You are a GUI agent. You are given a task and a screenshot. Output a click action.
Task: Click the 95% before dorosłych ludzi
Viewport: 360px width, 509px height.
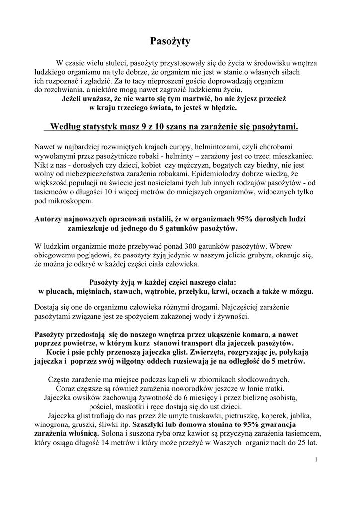coord(240,219)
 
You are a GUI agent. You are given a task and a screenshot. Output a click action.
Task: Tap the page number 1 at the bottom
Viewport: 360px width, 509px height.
coord(316,459)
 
